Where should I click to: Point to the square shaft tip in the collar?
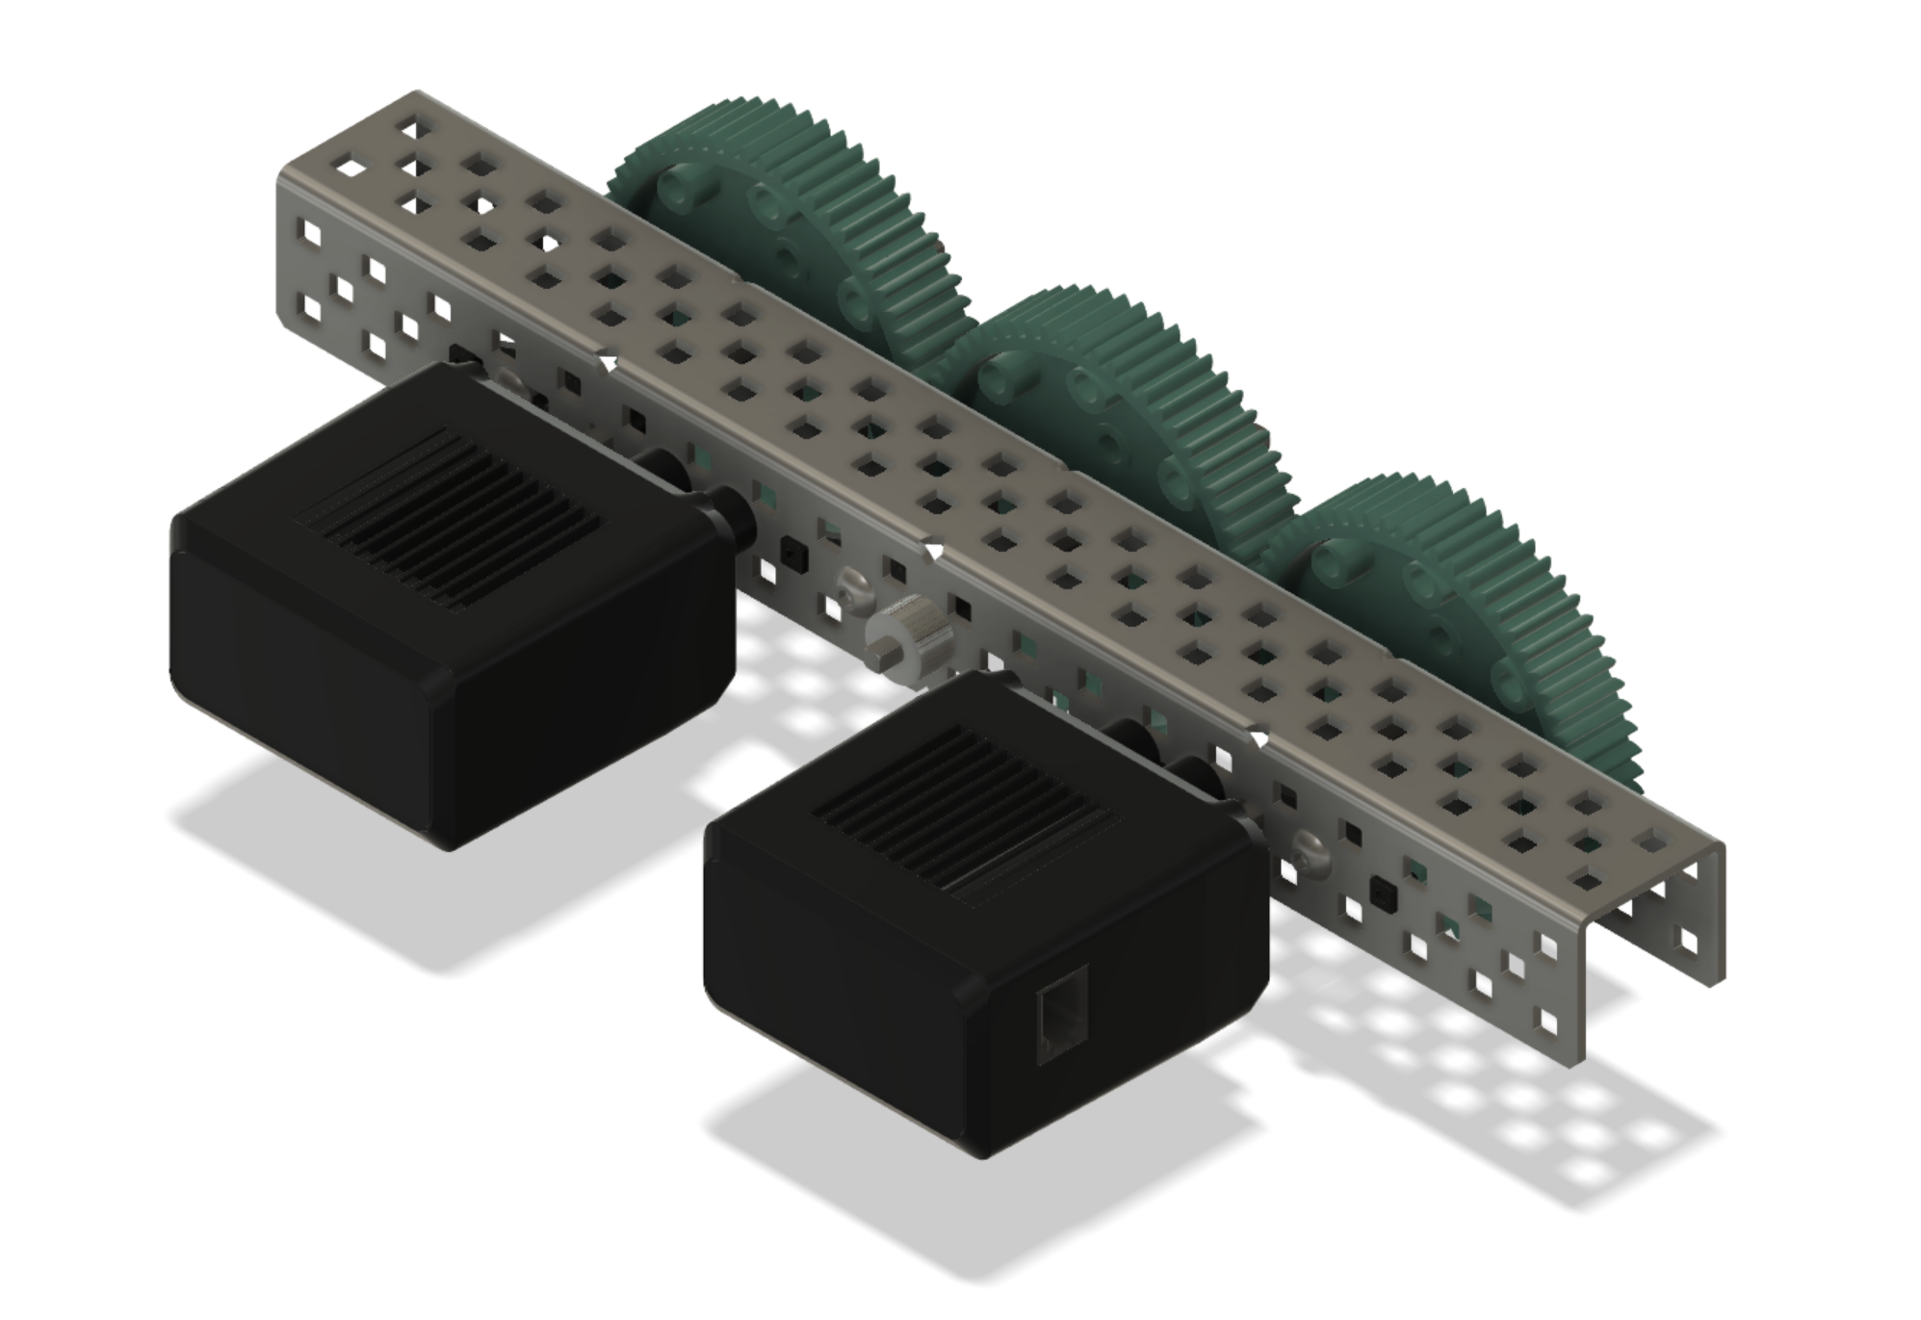pos(883,661)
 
